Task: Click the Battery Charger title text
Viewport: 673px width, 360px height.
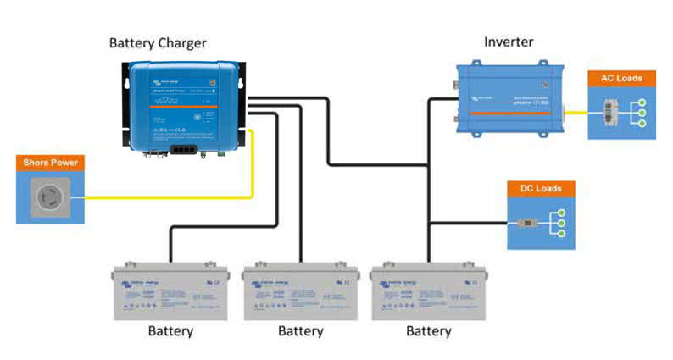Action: point(158,42)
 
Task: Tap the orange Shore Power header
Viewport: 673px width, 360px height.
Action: point(50,163)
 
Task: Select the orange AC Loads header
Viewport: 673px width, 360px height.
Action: point(621,79)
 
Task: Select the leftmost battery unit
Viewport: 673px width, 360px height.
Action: point(170,291)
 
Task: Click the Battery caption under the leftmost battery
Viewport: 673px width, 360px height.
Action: point(170,331)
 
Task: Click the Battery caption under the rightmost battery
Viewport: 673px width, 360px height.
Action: point(429,331)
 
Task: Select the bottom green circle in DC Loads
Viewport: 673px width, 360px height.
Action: point(560,237)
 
